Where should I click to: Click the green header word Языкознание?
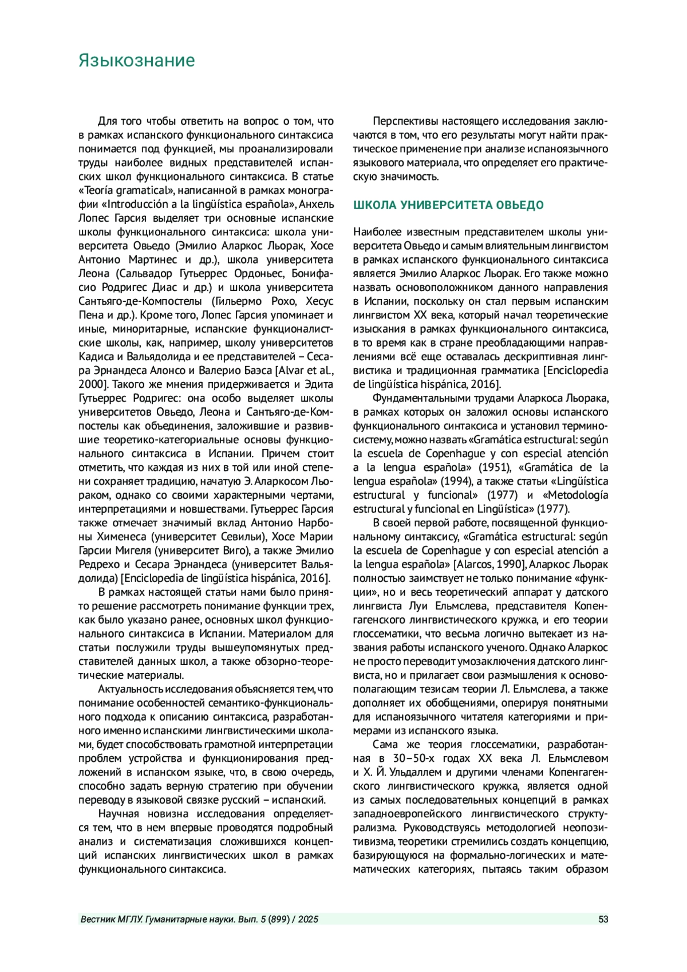[x=136, y=61]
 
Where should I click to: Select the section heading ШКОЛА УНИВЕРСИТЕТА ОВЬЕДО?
[x=448, y=205]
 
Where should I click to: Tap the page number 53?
[x=603, y=919]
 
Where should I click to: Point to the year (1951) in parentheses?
[x=495, y=467]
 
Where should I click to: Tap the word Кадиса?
[x=94, y=357]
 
